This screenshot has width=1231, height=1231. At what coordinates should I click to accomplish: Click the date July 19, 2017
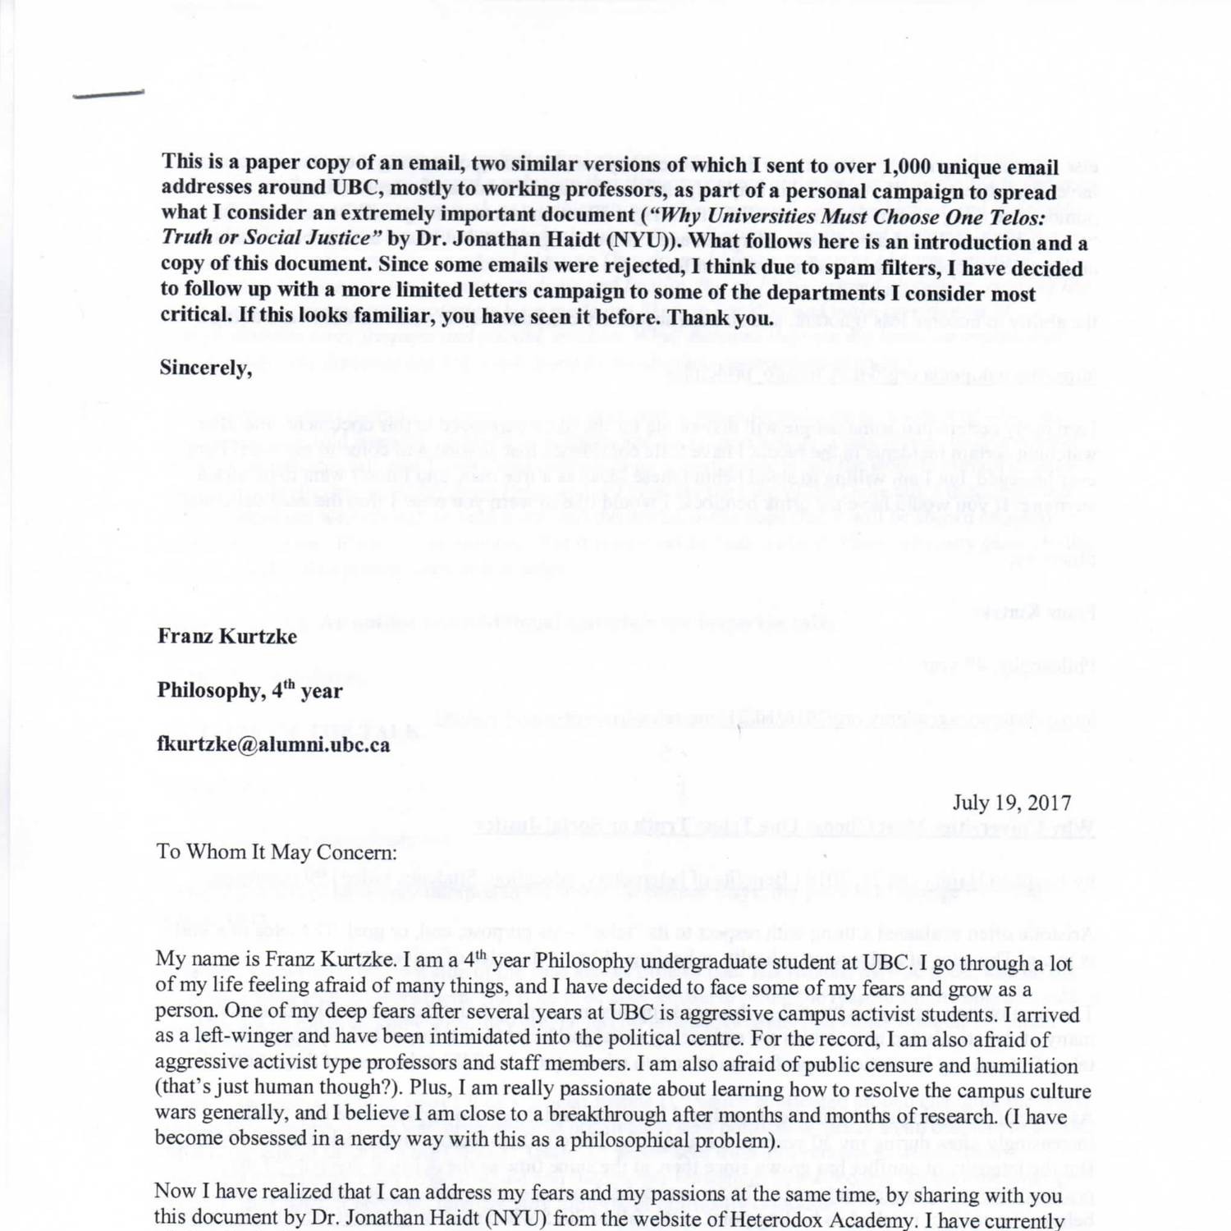(1011, 803)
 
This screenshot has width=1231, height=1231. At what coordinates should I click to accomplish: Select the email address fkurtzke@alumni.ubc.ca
(273, 745)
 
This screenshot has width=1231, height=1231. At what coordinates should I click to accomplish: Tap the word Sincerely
(205, 368)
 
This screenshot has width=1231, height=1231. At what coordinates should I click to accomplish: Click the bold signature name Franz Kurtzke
(227, 637)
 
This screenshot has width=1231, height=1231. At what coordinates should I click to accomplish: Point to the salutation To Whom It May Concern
(277, 852)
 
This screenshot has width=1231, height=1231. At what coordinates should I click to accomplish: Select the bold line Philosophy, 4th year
(249, 690)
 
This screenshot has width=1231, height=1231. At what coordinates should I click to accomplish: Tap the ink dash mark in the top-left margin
(108, 94)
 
